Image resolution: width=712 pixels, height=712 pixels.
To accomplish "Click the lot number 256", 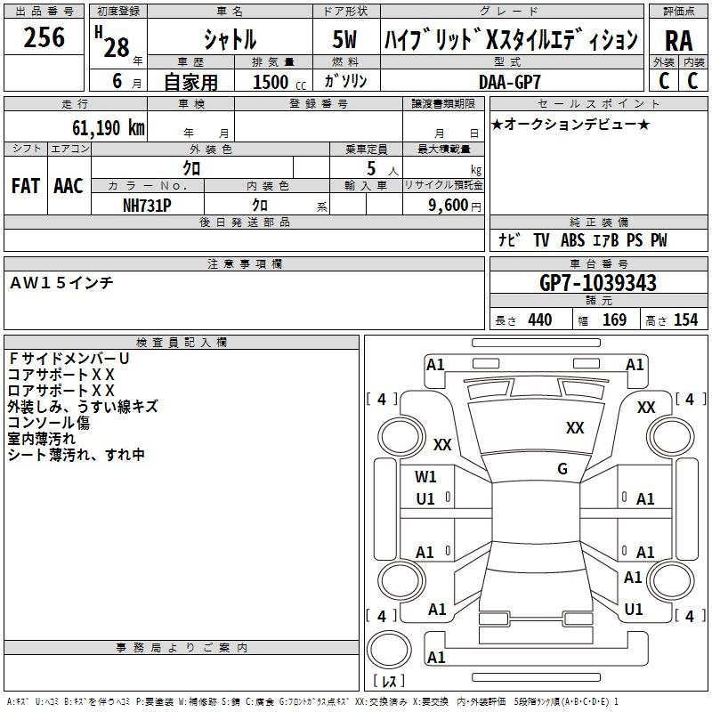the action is pyautogui.click(x=44, y=37).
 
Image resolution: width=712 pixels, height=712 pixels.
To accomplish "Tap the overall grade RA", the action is pyautogui.click(x=679, y=41).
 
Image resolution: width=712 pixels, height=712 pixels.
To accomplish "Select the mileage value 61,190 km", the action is pyautogui.click(x=109, y=128).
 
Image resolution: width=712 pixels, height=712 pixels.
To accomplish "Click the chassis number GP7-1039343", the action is pyautogui.click(x=598, y=283).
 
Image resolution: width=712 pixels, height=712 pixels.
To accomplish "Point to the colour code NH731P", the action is pyautogui.click(x=147, y=206).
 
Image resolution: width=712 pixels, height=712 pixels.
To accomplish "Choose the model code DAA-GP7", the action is pyautogui.click(x=510, y=82).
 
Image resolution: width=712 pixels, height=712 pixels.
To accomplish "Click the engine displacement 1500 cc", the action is pyautogui.click(x=279, y=82).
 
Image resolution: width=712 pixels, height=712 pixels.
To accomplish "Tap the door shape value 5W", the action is pyautogui.click(x=344, y=39).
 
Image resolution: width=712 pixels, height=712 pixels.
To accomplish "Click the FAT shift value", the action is pyautogui.click(x=26, y=186).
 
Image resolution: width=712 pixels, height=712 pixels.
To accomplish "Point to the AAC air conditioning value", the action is pyautogui.click(x=69, y=186).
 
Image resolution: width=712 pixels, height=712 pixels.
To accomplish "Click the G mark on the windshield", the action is pyautogui.click(x=562, y=469).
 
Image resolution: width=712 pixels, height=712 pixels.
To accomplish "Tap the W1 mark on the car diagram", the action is pyautogui.click(x=425, y=477).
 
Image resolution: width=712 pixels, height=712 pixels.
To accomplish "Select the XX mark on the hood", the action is pyautogui.click(x=575, y=428).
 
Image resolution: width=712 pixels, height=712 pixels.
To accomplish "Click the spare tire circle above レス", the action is pyautogui.click(x=389, y=650).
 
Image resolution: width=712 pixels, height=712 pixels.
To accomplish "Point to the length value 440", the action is pyautogui.click(x=540, y=320).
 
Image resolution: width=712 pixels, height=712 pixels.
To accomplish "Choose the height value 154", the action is pyautogui.click(x=685, y=320).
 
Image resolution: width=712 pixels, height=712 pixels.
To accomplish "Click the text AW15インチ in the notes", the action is pyautogui.click(x=61, y=283).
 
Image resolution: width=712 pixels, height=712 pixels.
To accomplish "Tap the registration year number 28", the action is pyautogui.click(x=117, y=47).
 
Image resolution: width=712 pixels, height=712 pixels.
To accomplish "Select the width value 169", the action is pyautogui.click(x=614, y=320).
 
